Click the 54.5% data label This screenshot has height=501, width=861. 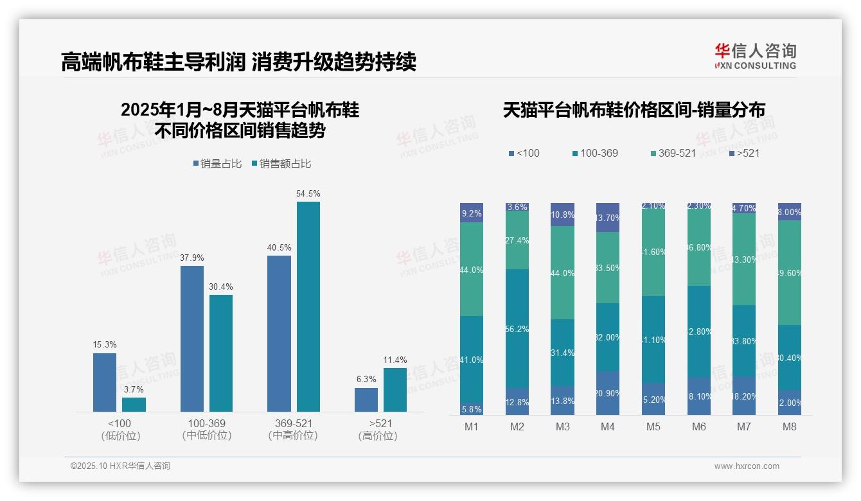click(x=308, y=193)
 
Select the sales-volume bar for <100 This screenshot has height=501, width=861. click(x=105, y=382)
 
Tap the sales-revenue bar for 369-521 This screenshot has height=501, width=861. click(x=308, y=306)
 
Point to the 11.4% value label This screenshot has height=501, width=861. click(x=395, y=360)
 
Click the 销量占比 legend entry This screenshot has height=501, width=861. click(x=217, y=164)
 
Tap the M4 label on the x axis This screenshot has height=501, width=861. click(x=608, y=427)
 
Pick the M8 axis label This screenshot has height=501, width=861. click(x=790, y=427)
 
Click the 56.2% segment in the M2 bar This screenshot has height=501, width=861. click(x=517, y=328)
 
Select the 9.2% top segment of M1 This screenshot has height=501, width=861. click(x=472, y=213)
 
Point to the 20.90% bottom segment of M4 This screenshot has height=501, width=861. click(x=608, y=393)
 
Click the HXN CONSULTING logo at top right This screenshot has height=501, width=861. click(x=755, y=57)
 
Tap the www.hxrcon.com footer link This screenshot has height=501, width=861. click(x=747, y=466)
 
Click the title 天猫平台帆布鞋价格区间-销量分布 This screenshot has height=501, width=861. click(x=634, y=110)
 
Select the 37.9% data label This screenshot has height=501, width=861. click(x=192, y=258)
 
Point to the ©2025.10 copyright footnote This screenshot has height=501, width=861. click(x=120, y=466)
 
